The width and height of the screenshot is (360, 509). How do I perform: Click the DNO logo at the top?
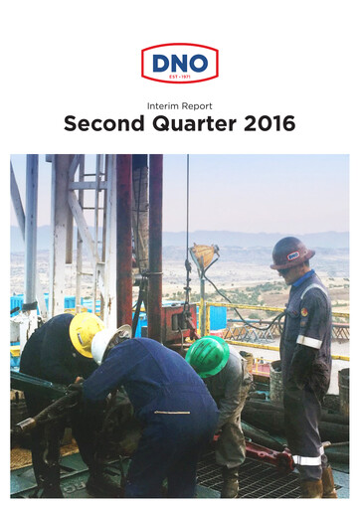point(179,63)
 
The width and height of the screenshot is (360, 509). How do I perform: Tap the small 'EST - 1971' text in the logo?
point(179,77)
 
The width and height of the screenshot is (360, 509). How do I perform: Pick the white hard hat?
point(104,344)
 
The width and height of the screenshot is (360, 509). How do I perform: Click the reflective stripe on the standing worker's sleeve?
point(309,341)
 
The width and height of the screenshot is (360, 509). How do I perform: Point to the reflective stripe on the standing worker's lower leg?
point(307,459)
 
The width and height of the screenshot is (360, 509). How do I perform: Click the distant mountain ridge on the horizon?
point(249,239)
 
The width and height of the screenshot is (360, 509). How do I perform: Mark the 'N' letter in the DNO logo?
point(179,62)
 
